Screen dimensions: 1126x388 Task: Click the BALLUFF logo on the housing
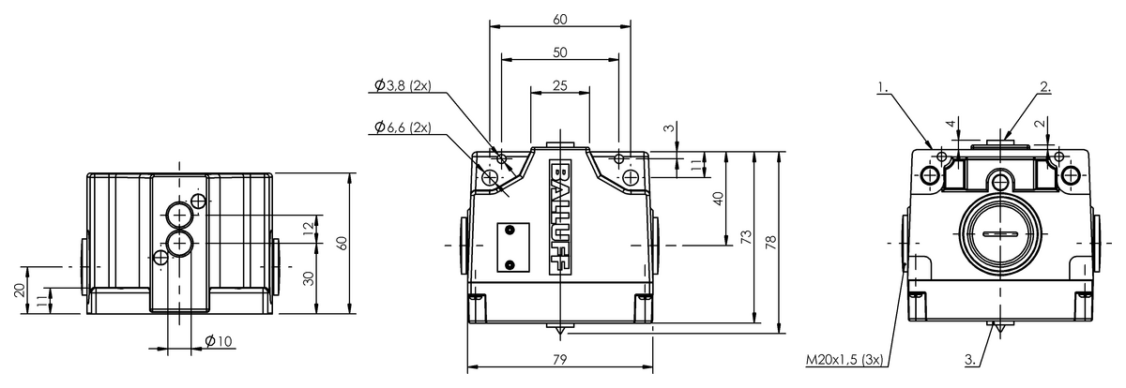559,217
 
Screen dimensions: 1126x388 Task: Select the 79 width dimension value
559,359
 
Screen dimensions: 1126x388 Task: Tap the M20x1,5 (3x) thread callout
844,360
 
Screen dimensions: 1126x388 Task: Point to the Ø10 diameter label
219,341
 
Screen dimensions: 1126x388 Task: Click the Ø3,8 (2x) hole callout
403,85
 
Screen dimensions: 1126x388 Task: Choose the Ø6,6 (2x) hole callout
403,127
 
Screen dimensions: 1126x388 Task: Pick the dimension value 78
770,242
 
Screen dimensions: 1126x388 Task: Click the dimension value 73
746,237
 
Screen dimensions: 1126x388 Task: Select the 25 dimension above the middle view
560,85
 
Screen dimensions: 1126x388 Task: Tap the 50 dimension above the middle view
560,52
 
